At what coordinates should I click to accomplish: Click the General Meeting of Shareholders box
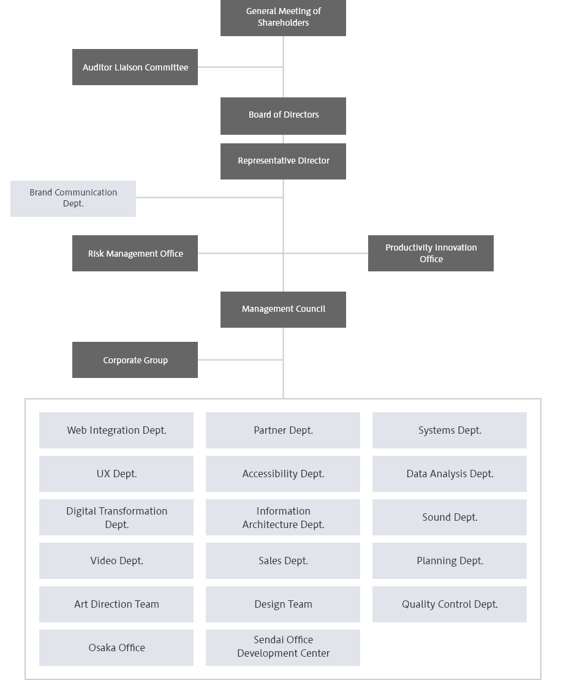click(283, 17)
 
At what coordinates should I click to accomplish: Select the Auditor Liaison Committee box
click(135, 67)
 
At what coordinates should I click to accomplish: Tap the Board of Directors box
click(283, 115)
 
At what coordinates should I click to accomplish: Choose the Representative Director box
click(283, 161)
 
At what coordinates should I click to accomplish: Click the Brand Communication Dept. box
click(73, 198)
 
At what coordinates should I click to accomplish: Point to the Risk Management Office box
click(135, 253)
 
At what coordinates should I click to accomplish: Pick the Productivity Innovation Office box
click(431, 253)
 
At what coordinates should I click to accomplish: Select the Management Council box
click(283, 309)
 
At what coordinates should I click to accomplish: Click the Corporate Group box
click(135, 360)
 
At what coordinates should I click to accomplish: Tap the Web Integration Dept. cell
click(116, 430)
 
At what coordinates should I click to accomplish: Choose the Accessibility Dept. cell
click(283, 474)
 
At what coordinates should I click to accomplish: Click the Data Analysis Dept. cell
click(450, 474)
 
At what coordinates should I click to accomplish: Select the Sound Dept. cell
click(450, 517)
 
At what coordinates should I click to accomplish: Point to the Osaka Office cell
click(116, 648)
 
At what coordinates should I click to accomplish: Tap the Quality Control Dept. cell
click(450, 604)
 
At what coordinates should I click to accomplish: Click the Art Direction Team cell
click(116, 604)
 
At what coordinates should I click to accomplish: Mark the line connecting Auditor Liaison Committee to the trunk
click(240, 67)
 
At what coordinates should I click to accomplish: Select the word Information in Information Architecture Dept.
click(283, 511)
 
